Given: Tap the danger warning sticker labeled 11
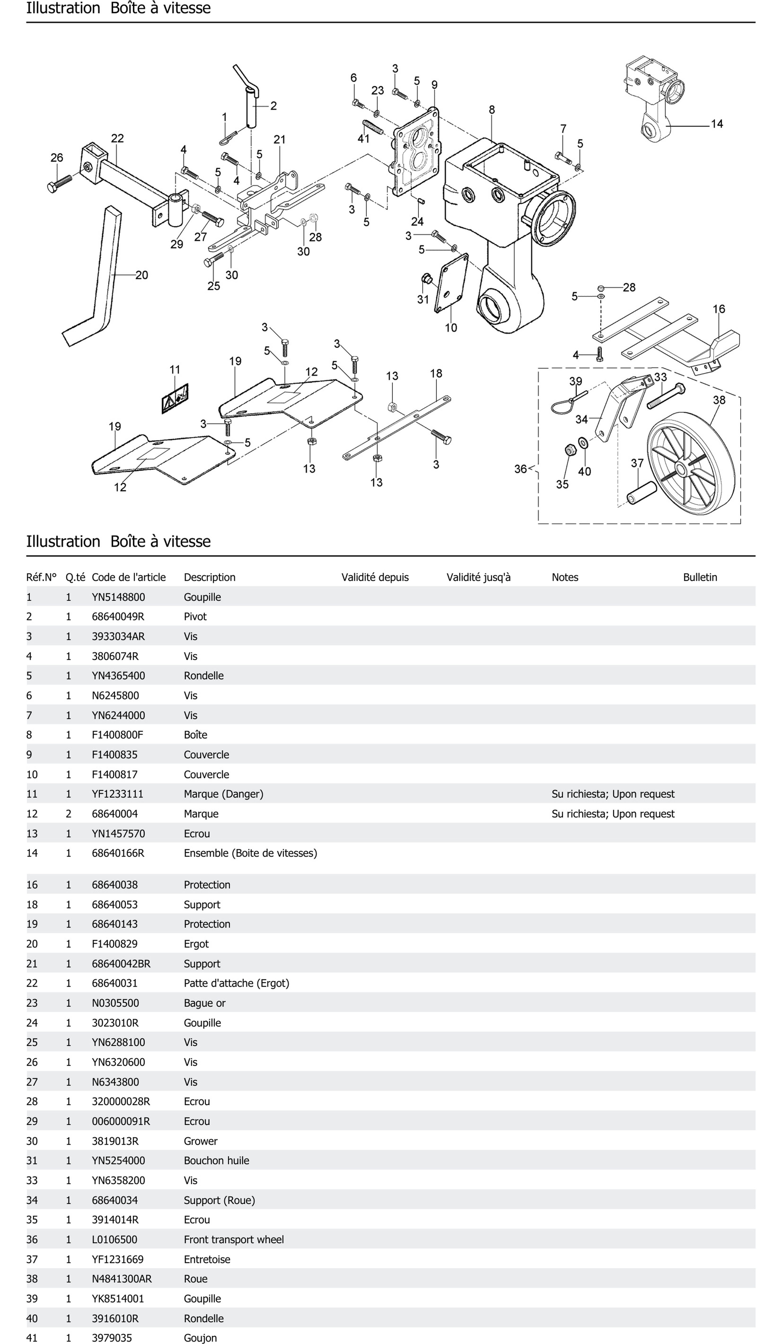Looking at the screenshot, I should point(175,398).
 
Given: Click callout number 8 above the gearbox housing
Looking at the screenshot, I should point(491,110).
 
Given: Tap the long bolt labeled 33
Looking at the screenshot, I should point(666,396).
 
